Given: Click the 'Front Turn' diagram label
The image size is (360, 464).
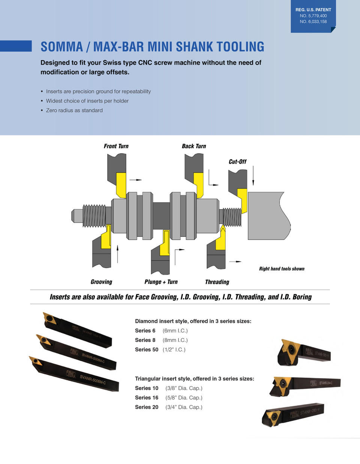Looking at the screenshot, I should tap(116, 146).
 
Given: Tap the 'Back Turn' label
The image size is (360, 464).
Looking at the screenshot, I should tap(193, 146).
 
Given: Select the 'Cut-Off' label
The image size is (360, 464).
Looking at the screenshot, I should tap(237, 161).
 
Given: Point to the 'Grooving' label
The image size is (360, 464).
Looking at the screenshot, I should tap(101, 282).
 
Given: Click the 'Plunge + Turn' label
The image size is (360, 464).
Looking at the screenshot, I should tap(161, 282).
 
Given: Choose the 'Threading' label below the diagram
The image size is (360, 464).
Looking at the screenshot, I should tap(217, 282).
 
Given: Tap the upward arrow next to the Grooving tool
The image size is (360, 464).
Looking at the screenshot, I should tap(118, 254).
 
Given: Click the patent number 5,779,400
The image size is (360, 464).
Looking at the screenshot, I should tap(313, 16).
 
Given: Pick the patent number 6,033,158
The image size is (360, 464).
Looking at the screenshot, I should tap(313, 22).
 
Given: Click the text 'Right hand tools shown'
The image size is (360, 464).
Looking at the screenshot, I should tap(282, 269).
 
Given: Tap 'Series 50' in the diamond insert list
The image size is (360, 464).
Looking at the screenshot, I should tap(147, 350).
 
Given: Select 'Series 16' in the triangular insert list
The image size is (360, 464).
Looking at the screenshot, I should tap(147, 398).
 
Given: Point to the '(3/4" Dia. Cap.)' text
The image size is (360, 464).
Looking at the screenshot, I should tap(184, 407).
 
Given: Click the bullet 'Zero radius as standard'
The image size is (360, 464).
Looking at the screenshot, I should tap(74, 110).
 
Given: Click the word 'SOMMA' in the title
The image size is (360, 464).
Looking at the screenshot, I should tap(61, 47).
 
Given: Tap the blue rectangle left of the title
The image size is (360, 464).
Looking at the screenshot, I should tap(16, 46).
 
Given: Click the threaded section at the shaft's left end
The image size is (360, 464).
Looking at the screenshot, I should tap(94, 216).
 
